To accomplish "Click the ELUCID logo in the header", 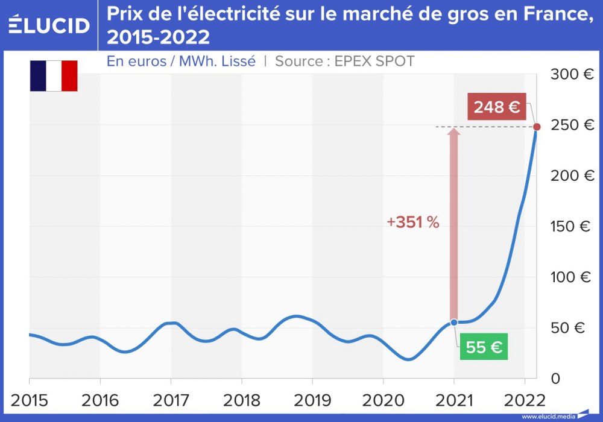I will click(x=49, y=25).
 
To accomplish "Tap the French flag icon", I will click(x=54, y=76).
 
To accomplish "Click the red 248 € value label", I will click(x=497, y=107).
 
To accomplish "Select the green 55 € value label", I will click(x=484, y=347).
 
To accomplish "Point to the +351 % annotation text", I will click(x=413, y=222).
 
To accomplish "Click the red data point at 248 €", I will click(x=537, y=127).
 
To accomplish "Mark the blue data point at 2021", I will click(x=454, y=323).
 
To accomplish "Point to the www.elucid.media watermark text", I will click(x=548, y=416).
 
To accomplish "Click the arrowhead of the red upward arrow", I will click(x=454, y=131).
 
